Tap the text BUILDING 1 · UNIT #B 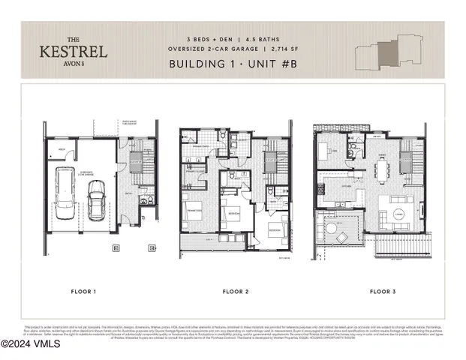(236, 64)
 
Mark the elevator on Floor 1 (137, 164)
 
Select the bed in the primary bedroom (195, 211)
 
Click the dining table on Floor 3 (382, 170)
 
